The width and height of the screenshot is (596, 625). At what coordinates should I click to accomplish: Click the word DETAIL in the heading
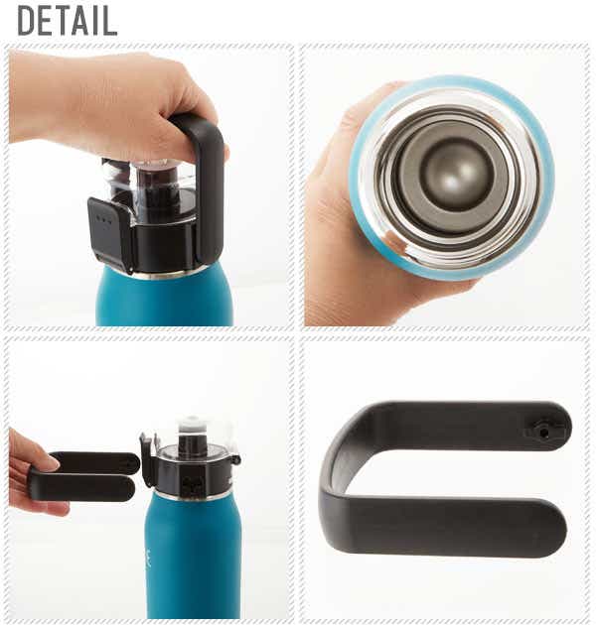pos(68,21)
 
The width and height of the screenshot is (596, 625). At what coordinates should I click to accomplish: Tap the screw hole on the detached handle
pos(543,432)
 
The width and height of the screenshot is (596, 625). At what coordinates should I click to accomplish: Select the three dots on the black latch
pos(103,219)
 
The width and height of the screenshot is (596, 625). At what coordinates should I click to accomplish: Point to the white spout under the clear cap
pos(191,425)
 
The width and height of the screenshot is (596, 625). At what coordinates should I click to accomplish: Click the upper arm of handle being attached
pos(94,460)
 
